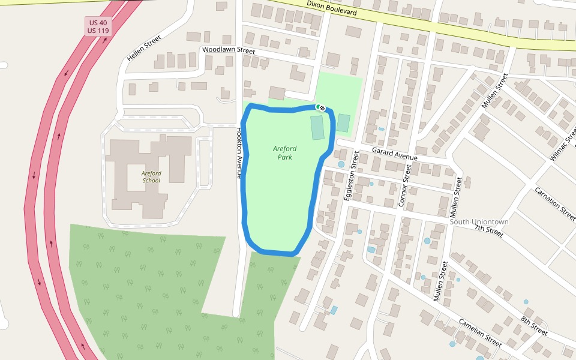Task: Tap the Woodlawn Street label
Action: tap(229, 50)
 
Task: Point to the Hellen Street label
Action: tap(144, 49)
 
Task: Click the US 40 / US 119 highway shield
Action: tap(98, 26)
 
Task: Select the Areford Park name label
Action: tap(284, 152)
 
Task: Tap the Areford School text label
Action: tap(151, 176)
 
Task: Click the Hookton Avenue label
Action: tap(239, 153)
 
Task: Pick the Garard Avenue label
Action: tap(394, 154)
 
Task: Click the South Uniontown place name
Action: tap(479, 221)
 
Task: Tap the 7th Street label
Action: tap(488, 230)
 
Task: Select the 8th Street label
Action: tap(533, 325)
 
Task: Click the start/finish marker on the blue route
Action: tap(320, 107)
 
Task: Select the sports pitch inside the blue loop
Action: tap(317, 127)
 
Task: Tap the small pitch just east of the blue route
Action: tap(343, 123)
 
